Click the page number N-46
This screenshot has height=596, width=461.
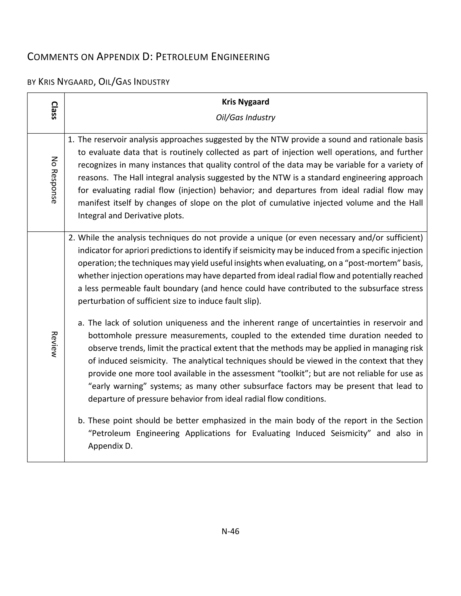pos(230,531)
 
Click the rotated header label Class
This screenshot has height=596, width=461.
pos(54,110)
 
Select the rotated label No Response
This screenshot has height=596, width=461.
pos(54,180)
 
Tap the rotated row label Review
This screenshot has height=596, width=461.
pos(54,344)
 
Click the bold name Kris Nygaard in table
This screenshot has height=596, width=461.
pos(245,102)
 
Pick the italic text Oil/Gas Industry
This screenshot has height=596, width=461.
pos(245,117)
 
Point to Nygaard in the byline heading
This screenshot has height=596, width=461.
pos(75,82)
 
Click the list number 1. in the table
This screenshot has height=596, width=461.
pos(71,139)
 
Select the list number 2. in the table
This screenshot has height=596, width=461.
pos(72,238)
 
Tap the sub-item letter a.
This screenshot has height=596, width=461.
pos(81,323)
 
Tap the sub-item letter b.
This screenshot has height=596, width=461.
pos(81,421)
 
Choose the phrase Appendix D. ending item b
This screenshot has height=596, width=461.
pos(110,446)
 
